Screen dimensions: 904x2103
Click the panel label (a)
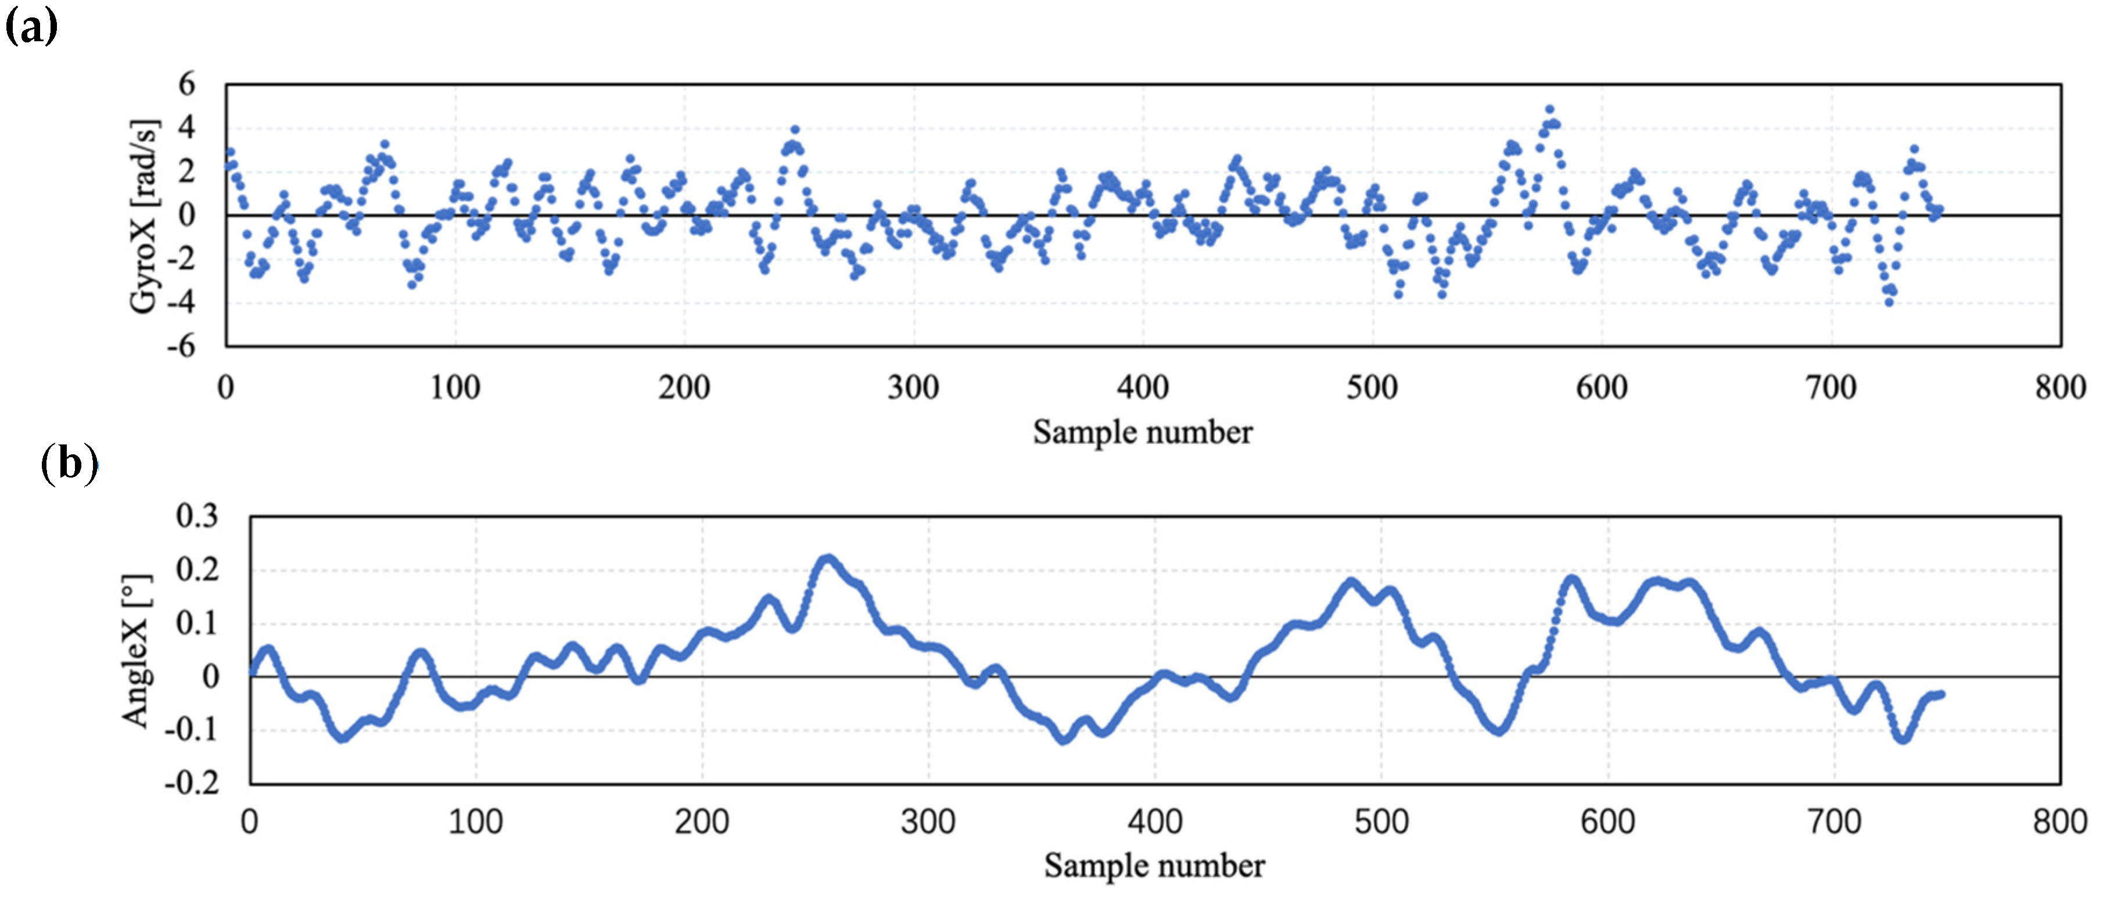tap(31, 27)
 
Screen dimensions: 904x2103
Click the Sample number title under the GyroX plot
tap(1142, 432)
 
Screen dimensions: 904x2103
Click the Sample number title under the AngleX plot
tap(1154, 865)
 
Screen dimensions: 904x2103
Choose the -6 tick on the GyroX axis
tap(181, 346)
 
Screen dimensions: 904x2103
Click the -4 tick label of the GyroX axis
tap(181, 302)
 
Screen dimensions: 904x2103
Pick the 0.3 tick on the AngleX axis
tap(197, 515)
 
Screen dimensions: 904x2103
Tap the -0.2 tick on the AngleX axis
tap(192, 783)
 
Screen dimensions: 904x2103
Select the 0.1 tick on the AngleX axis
tap(197, 623)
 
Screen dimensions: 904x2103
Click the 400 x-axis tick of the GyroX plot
tap(1142, 387)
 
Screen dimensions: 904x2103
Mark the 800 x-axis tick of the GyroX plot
tap(2060, 387)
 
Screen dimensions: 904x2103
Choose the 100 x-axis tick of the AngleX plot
tap(475, 821)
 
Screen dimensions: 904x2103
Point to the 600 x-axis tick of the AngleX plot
tap(1607, 821)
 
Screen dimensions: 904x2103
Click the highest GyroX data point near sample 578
tap(1549, 109)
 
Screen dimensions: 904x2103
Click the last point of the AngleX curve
tap(1941, 694)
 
